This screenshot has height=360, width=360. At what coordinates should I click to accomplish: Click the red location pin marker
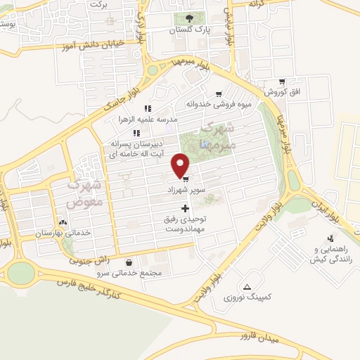[x=181, y=166]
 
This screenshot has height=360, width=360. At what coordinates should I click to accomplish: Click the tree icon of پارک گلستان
[x=188, y=19]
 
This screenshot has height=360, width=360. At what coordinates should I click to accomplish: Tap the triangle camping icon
[x=247, y=286]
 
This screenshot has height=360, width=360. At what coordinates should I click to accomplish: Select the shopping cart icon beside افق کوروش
[x=282, y=82]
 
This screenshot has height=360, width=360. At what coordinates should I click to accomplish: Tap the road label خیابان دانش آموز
[x=96, y=44]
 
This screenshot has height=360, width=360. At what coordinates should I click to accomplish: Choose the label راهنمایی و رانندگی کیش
[x=331, y=255]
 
